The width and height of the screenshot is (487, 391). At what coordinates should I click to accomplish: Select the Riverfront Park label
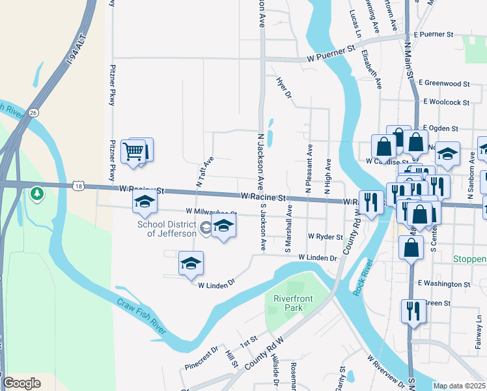(293, 303)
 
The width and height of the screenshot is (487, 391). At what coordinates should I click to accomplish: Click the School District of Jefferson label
(167, 229)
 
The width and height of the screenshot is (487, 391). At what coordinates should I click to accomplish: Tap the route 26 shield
(34, 112)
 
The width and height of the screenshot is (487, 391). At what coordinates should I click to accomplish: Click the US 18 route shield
(78, 186)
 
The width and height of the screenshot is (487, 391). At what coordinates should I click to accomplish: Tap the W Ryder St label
(326, 237)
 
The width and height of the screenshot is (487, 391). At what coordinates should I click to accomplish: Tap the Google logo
(21, 383)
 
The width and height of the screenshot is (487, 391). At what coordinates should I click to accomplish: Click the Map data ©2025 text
(459, 386)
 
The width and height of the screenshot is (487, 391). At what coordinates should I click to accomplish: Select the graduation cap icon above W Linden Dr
(191, 263)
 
